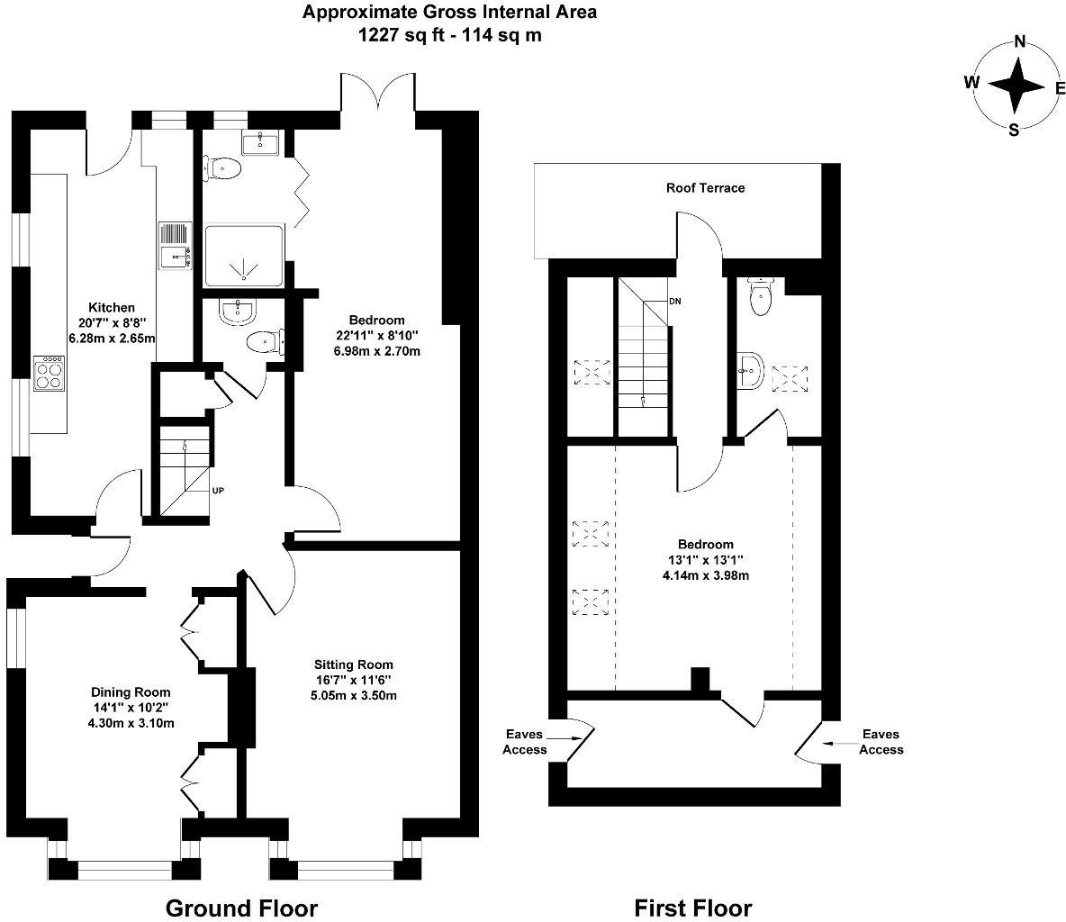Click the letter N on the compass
coord(1020,41)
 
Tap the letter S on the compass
coord(1014,130)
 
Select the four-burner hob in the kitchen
coord(48,373)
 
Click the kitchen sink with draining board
coord(175,246)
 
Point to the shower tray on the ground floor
coord(242,257)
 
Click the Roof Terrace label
coord(705,188)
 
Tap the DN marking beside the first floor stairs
coord(674,302)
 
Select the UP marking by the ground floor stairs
coord(218,492)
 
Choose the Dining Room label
coord(131,692)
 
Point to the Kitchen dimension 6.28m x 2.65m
coord(112,339)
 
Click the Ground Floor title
coord(241,908)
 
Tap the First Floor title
coord(692,908)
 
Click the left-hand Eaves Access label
coord(525,742)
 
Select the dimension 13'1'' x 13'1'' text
coord(705,560)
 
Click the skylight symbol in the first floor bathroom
coord(790,376)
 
